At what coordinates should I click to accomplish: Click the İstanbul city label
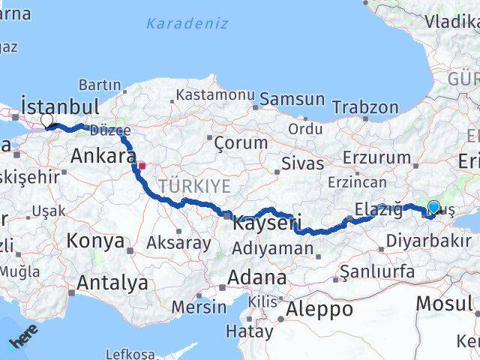tap(61, 104)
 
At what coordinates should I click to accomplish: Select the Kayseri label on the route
tap(267, 223)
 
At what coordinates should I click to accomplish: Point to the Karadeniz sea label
tap(187, 23)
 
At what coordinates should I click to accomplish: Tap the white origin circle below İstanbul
tap(47, 120)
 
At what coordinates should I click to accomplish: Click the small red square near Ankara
tap(141, 166)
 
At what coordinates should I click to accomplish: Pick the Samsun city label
tap(292, 99)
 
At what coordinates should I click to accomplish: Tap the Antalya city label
tap(113, 283)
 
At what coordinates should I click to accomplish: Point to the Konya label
tap(95, 241)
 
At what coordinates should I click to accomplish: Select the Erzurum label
tap(376, 157)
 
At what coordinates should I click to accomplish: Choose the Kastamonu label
tap(214, 95)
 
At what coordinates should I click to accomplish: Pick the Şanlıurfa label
tap(377, 271)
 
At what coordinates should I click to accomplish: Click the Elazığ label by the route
tap(379, 209)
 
